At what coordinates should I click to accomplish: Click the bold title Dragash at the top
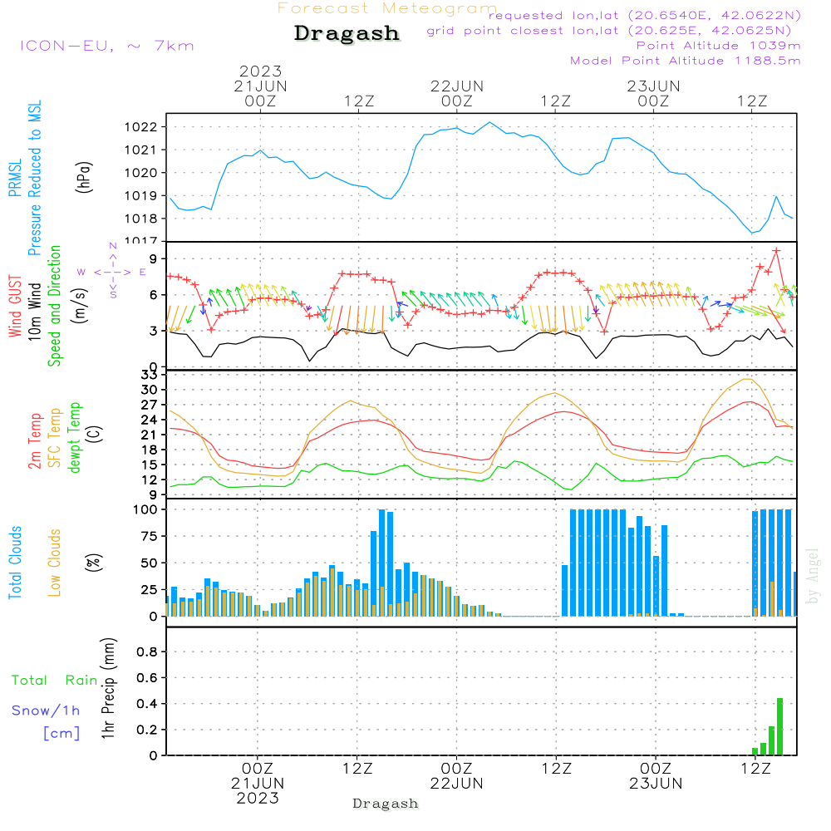(347, 34)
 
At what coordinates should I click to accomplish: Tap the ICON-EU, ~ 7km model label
(106, 46)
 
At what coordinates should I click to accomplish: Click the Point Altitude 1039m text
(718, 46)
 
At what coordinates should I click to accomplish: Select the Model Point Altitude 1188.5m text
(685, 61)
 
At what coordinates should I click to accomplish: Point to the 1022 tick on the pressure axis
(145, 127)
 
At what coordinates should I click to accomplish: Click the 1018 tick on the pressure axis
(145, 219)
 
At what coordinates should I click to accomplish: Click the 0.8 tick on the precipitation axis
(146, 652)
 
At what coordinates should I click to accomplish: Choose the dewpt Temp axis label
(76, 438)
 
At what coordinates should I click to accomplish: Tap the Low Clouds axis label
(55, 563)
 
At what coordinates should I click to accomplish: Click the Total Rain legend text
(54, 681)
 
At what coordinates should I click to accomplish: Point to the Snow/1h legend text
(46, 711)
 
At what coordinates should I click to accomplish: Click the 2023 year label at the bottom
(258, 799)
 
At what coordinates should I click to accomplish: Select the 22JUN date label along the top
(456, 86)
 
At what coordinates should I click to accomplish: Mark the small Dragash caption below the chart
(386, 804)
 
